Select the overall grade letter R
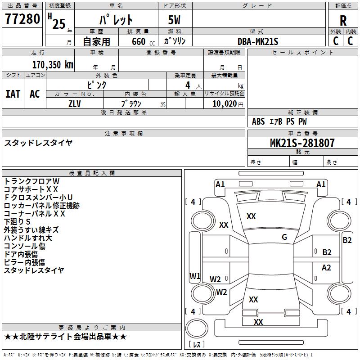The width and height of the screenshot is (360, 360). coord(343,21)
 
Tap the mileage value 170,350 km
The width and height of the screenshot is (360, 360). coord(53,64)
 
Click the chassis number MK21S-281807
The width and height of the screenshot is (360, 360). coord(302,143)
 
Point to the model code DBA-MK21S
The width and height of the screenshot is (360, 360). coord(258,41)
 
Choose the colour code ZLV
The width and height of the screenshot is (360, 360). coord(75,103)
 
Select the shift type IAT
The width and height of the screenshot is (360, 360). coord(13,94)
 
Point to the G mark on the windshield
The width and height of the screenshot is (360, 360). coord(284,237)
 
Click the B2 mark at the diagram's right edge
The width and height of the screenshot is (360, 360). coord(347,240)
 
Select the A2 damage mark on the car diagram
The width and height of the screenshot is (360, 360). coord(326,268)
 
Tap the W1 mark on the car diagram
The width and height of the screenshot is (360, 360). coord(194,276)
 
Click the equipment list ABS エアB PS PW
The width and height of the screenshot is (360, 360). coord(279,121)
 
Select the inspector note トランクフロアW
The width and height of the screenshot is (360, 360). coord(31,181)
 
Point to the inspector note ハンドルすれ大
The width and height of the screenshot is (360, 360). coord(28,238)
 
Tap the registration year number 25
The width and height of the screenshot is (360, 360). coord(58,23)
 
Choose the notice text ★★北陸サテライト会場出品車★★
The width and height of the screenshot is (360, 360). coord(65,337)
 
